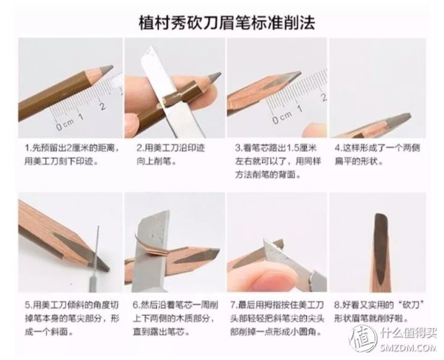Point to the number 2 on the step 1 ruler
click(102, 106)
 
